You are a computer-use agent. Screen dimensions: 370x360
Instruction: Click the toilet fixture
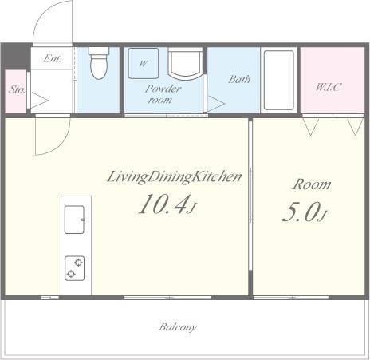99,63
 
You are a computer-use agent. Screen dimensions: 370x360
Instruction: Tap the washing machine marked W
144,63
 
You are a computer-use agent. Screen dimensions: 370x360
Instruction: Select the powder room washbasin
185,62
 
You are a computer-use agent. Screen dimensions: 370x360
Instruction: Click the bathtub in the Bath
278,80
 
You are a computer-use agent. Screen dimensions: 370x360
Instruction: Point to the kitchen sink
75,220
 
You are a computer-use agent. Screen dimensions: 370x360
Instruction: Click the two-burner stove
75,268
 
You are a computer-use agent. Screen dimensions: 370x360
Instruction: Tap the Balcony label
178,327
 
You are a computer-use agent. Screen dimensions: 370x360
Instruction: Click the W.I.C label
329,87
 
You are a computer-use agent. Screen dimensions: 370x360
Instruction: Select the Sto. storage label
17,89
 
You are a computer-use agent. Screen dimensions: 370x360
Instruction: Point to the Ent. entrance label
53,58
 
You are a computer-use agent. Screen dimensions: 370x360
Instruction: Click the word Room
312,184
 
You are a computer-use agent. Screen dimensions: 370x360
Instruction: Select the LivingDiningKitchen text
174,177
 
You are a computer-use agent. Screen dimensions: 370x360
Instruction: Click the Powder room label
163,94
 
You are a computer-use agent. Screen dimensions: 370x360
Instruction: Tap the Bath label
239,79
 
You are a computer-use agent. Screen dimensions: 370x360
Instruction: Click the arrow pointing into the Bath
216,104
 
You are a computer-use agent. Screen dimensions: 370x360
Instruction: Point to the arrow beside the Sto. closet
40,101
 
